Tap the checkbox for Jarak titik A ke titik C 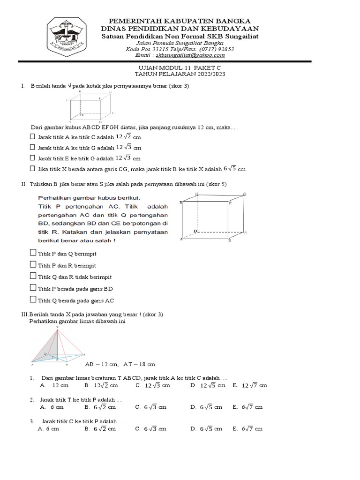[x=32, y=137]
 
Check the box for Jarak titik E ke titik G [x=32, y=158]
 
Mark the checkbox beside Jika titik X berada [x=32, y=169]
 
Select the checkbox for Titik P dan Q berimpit [x=33, y=253]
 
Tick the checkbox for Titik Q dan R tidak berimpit [x=33, y=277]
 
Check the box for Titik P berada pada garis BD [x=33, y=288]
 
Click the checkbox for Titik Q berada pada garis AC [x=33, y=300]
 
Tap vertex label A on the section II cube [x=181, y=240]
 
